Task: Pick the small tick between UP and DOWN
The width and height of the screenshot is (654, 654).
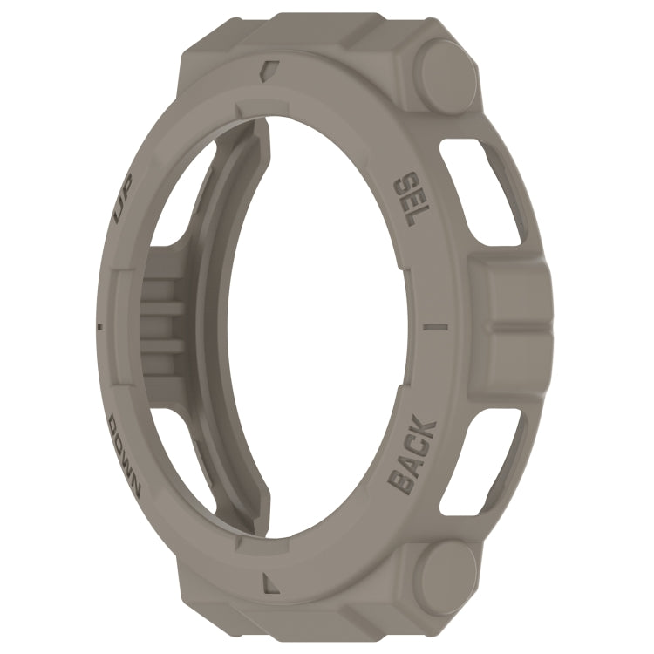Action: pyautogui.click(x=99, y=327)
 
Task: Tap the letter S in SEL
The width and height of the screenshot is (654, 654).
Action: pyautogui.click(x=404, y=181)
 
